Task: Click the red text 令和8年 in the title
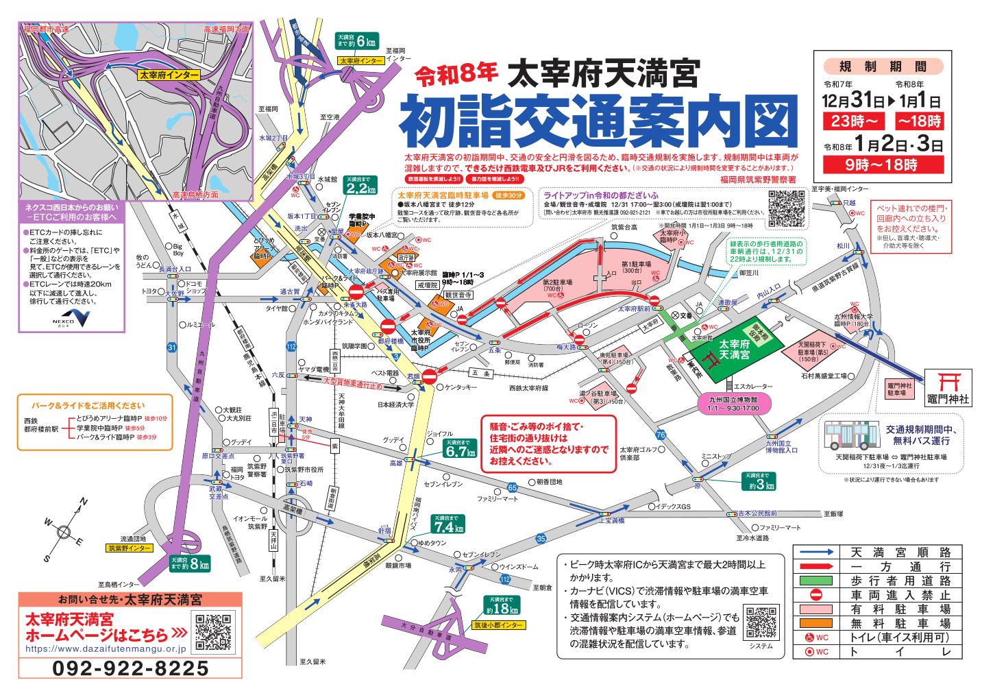click(x=456, y=74)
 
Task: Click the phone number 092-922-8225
click(x=130, y=668)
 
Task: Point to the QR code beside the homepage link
click(x=213, y=632)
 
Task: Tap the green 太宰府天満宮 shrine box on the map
click(x=735, y=349)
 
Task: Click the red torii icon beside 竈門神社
click(x=948, y=382)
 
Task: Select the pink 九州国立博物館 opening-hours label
click(x=733, y=404)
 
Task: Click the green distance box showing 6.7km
click(x=460, y=448)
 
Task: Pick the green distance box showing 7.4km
click(x=448, y=524)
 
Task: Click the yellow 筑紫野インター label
click(x=130, y=548)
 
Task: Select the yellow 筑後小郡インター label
click(x=498, y=625)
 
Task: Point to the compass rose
click(x=64, y=531)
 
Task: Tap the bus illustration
click(x=850, y=435)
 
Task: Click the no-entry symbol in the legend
click(x=815, y=595)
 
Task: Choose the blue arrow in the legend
click(x=816, y=552)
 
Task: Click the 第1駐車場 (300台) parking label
click(x=636, y=267)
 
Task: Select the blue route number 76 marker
click(x=661, y=435)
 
